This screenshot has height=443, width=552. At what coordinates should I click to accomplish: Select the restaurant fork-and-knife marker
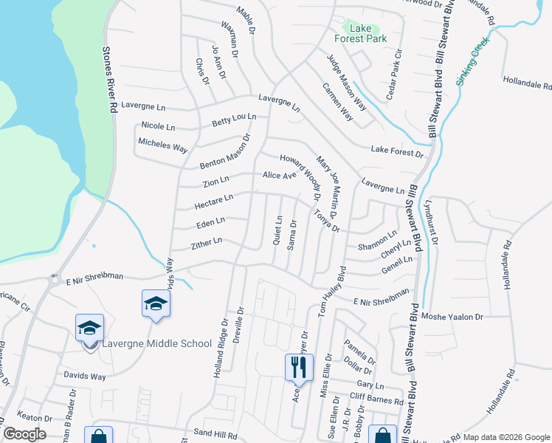click(299, 366)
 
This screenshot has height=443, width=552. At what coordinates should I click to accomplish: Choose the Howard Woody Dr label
click(299, 177)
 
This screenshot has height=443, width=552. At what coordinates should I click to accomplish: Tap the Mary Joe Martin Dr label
click(326, 186)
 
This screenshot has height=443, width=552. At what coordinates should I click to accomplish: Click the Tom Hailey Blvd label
click(331, 292)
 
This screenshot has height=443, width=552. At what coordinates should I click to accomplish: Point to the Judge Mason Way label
click(346, 81)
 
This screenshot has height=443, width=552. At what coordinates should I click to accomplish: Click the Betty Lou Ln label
click(233, 119)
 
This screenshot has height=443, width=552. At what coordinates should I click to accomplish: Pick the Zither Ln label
click(207, 243)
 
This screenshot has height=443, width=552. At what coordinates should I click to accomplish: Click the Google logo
click(24, 434)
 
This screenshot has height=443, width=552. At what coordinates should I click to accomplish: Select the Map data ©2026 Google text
click(506, 437)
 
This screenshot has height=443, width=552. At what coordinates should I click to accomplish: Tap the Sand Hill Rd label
click(215, 436)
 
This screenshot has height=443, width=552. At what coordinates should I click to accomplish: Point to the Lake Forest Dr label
click(398, 151)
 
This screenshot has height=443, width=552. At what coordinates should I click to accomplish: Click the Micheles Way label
click(162, 144)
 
